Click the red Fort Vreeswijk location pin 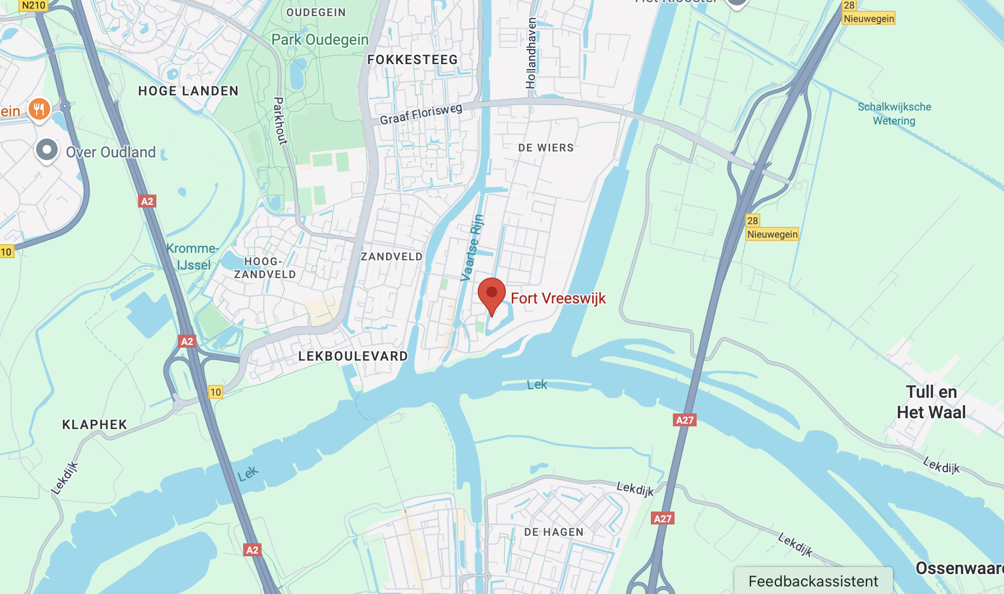pos(491,294)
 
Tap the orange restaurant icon pos(39,109)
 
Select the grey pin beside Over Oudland pos(47,150)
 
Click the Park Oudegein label pos(320,39)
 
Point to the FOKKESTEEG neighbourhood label pos(412,60)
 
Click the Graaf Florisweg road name pos(421,114)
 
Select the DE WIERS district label pos(546,148)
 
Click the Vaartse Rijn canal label pos(471,248)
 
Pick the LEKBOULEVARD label pos(353,356)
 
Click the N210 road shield pos(33,5)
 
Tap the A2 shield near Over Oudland pos(147,201)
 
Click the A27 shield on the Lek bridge pos(685,420)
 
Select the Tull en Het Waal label pos(931,402)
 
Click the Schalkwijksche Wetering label pos(894,114)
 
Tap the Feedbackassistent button pos(813,581)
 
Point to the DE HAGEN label pos(554,532)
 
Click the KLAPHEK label pos(94,425)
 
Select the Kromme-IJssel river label pos(192,257)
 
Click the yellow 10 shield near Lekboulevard pos(216,392)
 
